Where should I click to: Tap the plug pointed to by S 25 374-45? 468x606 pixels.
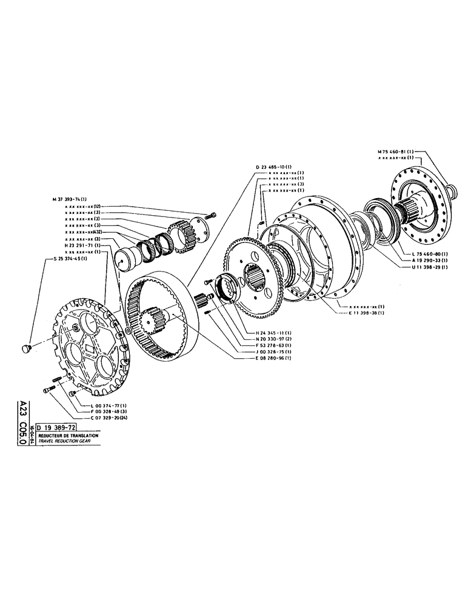[26, 348]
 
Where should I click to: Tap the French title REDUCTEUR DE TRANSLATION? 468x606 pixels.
[68, 436]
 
